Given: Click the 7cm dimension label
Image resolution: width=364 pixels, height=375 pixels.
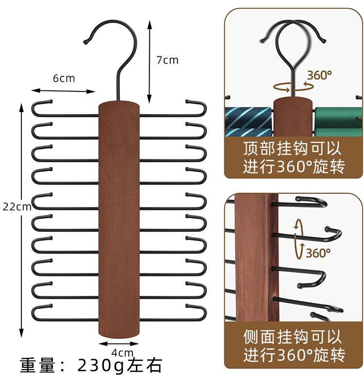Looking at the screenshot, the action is (167, 60).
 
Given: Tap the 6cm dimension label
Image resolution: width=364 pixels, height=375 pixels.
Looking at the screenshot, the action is (64, 78).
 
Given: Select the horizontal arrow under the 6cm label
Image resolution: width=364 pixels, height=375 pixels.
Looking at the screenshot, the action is (64, 90).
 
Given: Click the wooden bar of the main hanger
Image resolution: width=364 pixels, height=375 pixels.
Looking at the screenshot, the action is (119, 219).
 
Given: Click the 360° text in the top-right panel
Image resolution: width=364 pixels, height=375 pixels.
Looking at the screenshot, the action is (319, 75).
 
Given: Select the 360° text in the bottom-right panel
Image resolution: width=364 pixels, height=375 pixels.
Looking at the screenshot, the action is (318, 253).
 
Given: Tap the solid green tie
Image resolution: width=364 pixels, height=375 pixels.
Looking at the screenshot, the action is (338, 122).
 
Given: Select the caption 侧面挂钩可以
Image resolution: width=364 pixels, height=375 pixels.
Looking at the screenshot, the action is (293, 336).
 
